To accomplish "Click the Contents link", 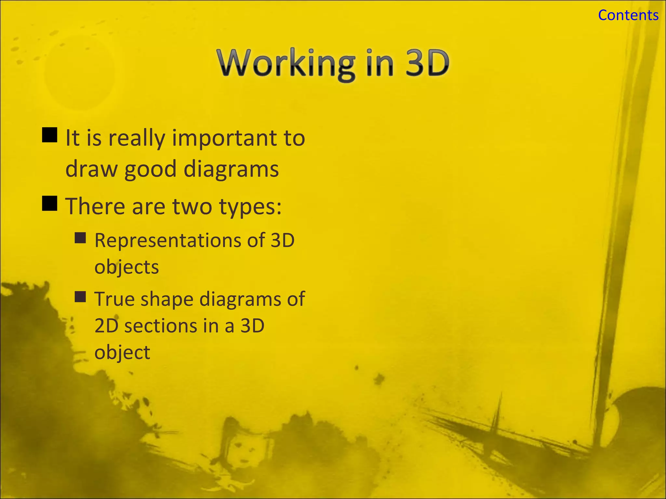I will point(628,15).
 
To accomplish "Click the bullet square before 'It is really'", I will point(50,135).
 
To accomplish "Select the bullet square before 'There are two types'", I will point(50,204).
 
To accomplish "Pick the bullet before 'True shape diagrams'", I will point(80,297).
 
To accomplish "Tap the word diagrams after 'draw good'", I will point(231,169).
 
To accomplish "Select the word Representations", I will point(168,240).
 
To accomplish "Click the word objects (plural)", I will point(127,267).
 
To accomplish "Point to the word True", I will point(114,299).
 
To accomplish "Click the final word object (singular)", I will point(122,352).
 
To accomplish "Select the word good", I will point(150,169).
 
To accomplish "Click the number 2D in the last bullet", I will point(106,326).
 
